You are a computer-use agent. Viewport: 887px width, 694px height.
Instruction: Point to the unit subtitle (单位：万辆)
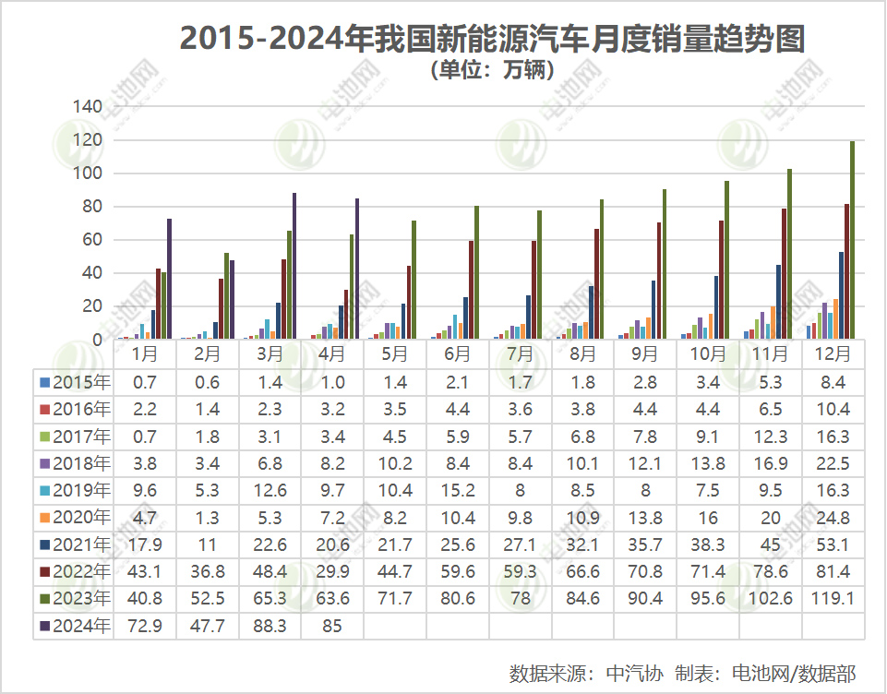tap(492, 70)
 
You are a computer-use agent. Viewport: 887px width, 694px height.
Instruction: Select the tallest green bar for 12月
tap(852, 240)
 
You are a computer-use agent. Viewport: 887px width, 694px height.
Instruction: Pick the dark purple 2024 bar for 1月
tap(170, 279)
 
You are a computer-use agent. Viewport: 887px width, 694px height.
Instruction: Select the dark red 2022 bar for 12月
tap(846, 271)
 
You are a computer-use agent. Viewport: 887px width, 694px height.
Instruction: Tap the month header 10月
tap(707, 353)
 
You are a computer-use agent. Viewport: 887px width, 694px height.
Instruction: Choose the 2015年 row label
tap(75, 381)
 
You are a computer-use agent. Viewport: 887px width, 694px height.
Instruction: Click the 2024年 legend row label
tap(75, 626)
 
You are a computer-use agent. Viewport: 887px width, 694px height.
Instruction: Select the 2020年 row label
tap(75, 517)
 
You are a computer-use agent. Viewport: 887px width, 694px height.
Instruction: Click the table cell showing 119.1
tap(833, 599)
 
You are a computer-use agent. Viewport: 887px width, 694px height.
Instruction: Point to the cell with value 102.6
tap(771, 599)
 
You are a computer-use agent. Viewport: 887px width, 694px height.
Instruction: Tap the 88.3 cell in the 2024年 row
tap(270, 626)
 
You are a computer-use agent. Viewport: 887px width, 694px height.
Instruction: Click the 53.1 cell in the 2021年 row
tap(833, 544)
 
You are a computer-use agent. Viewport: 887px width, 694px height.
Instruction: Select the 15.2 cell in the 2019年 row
tap(458, 490)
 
